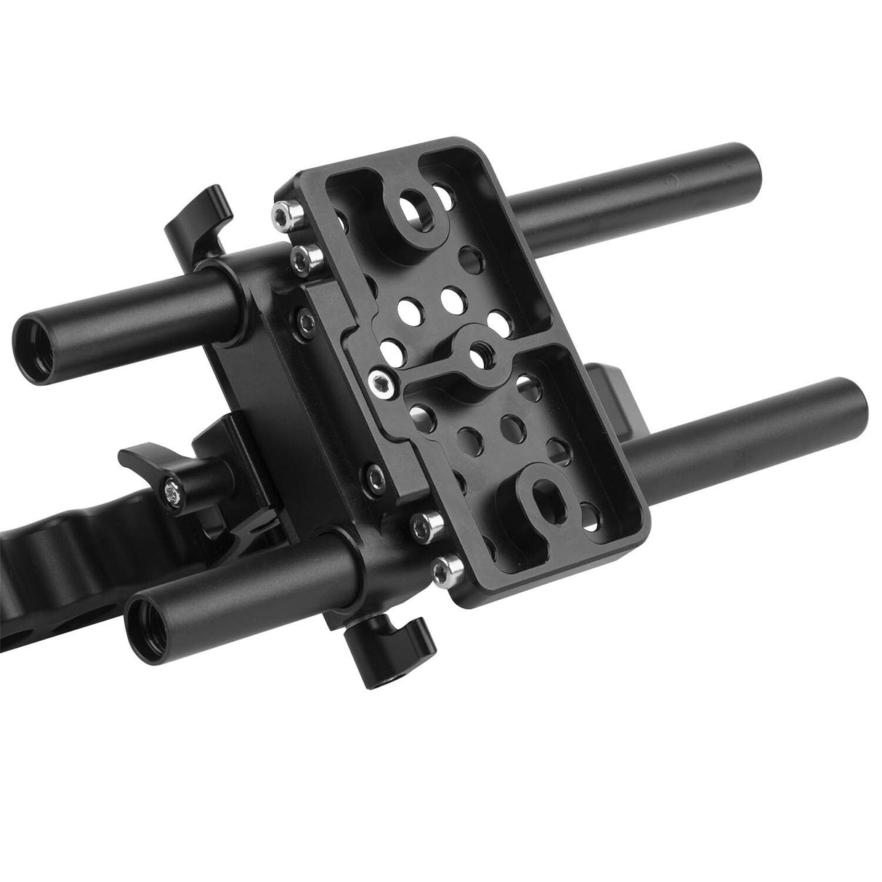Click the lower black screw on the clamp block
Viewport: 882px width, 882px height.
pyautogui.click(x=376, y=477)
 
